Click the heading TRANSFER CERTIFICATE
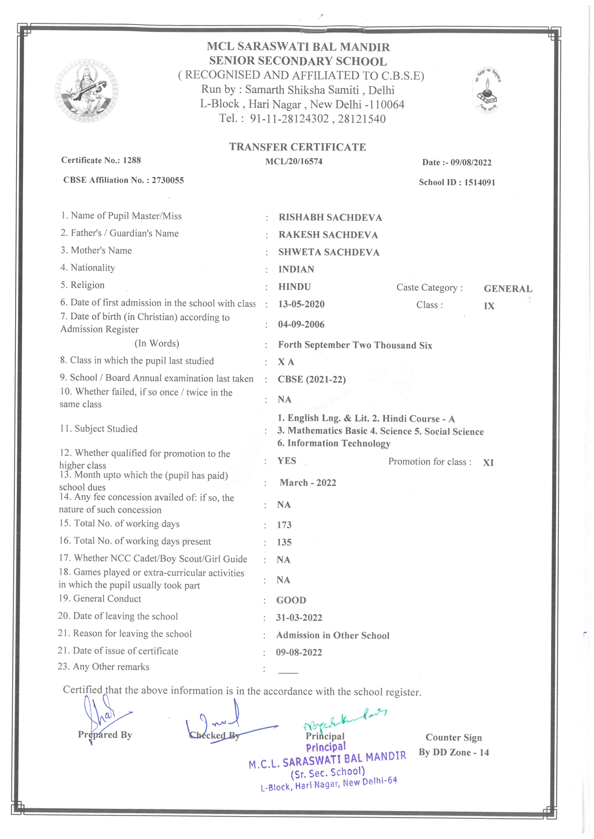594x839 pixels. coord(297,147)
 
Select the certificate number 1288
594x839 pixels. coord(132,161)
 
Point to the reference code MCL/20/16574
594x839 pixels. coord(294,162)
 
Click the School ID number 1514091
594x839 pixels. coord(479,182)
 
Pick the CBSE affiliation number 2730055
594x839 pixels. coord(168,180)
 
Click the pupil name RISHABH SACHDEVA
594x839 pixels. coord(330,218)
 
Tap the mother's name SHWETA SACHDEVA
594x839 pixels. coord(329,252)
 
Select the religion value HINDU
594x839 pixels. coord(294,287)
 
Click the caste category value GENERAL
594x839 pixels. coord(508,289)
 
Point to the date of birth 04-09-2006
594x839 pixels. coord(301,324)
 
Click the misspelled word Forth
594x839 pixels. coord(291,345)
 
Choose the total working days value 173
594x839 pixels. coord(284,525)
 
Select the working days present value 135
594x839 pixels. coord(284,543)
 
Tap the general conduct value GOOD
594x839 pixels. coord(291,601)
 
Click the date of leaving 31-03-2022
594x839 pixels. coord(299,618)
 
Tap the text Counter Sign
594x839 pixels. coord(453,738)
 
